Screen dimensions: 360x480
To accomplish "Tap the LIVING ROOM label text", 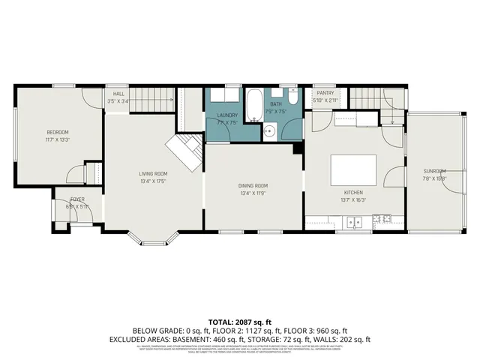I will tap(152, 173).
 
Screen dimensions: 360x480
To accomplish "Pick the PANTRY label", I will tap(324, 94).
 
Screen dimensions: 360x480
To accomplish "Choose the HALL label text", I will tap(118, 94).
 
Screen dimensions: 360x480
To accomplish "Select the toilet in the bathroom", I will tap(294, 97).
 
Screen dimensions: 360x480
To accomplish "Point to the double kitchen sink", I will tap(353, 220).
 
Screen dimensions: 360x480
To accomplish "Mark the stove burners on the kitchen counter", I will tap(382, 220).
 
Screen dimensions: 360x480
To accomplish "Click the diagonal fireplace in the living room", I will tap(184, 153).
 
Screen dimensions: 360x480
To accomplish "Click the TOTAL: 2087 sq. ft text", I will tap(239, 320).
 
